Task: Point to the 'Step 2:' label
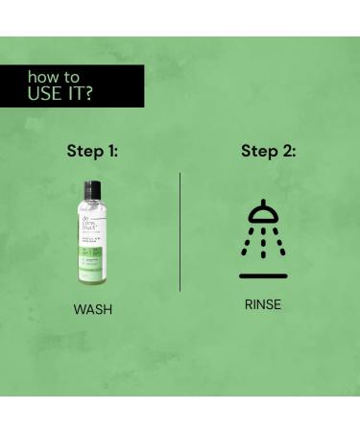tap(268, 151)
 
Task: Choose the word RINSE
tap(261, 305)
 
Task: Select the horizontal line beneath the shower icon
tap(262, 276)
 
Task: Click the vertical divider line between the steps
tap(180, 230)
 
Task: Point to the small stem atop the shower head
tap(262, 203)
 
